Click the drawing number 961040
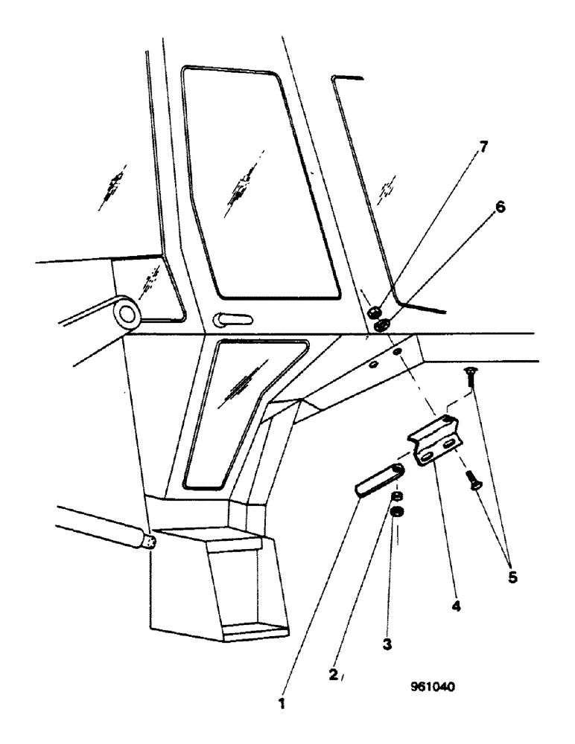pyautogui.click(x=431, y=687)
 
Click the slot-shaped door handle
pyautogui.click(x=233, y=319)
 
